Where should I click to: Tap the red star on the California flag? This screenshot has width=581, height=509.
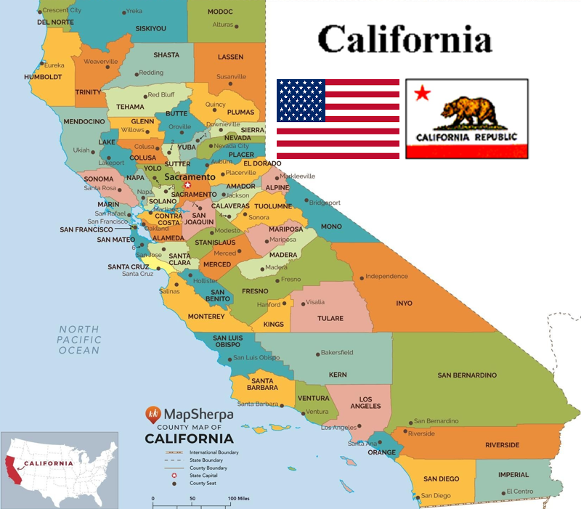point(422,93)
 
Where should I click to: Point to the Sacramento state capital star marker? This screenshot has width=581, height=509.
point(187,185)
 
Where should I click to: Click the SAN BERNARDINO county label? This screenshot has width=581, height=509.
point(467,375)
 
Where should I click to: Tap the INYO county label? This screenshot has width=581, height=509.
point(404,303)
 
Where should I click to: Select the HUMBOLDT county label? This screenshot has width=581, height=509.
point(43,77)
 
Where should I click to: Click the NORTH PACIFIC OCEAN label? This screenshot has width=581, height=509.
point(79,339)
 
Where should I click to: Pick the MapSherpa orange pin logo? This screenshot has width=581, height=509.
point(153,415)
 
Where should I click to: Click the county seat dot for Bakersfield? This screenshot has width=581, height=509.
point(317,354)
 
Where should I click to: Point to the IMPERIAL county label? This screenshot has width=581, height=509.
point(513,475)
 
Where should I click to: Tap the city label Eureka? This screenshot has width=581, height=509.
point(54,65)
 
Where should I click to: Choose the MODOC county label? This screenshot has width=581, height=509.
point(220,12)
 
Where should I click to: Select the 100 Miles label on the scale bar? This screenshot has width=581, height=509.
point(240,498)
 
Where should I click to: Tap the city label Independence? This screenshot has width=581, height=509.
point(386,277)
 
